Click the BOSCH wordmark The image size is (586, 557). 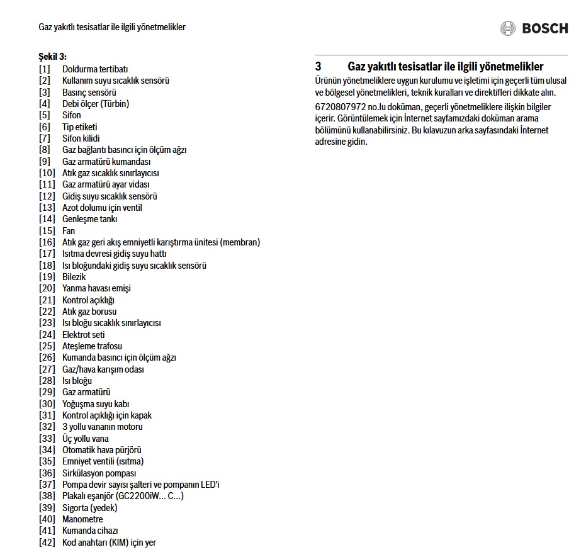[545, 28]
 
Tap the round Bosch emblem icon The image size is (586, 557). [508, 28]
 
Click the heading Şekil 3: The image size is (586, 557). [53, 57]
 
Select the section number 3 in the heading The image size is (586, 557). [318, 66]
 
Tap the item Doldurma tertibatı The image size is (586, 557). [95, 69]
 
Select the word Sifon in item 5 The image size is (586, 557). [72, 115]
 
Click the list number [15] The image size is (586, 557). [47, 231]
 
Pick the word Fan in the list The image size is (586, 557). [69, 231]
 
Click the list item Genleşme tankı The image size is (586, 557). [89, 219]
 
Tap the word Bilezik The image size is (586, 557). [74, 277]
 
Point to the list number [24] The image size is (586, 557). [47, 335]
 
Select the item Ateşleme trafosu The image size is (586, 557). [92, 346]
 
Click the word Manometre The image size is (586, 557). [82, 519]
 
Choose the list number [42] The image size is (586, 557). [47, 543]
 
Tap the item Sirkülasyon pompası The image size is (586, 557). [99, 473]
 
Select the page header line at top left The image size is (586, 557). [112, 27]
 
